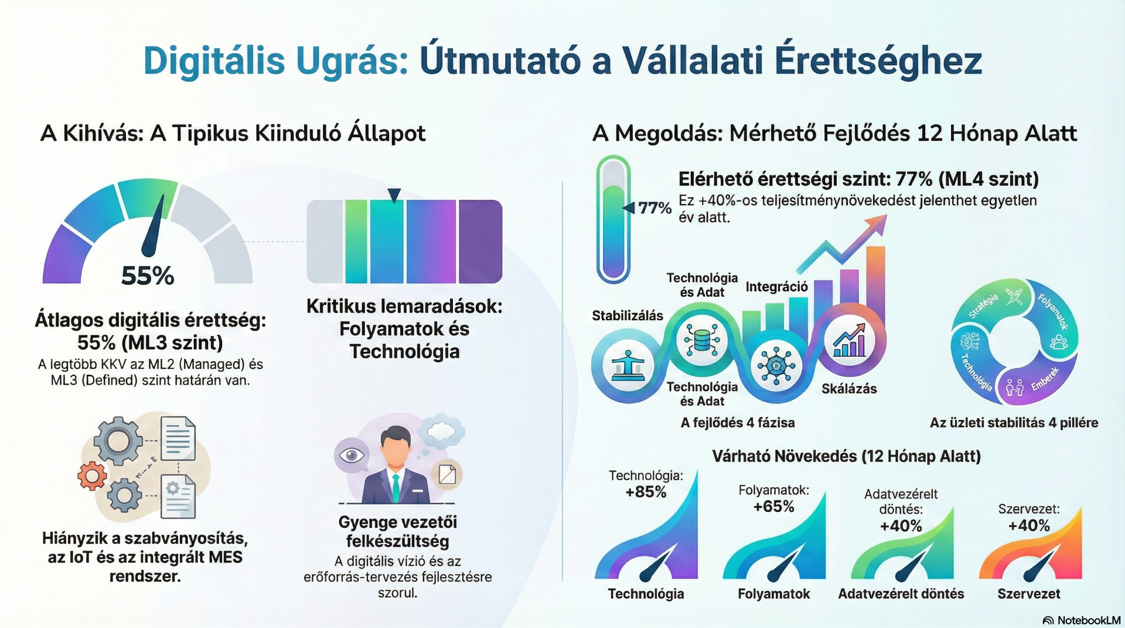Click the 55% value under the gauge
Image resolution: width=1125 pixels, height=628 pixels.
point(148,276)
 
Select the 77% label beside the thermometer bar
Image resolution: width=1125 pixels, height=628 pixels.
point(654,208)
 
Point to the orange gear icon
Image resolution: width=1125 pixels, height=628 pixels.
point(92,476)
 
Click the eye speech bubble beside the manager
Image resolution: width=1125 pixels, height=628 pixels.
point(352,456)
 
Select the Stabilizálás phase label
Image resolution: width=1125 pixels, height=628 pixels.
point(628,316)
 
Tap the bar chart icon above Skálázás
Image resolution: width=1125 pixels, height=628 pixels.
point(849,341)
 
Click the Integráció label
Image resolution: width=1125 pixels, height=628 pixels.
point(776,287)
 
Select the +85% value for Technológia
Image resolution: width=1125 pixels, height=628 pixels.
point(646,492)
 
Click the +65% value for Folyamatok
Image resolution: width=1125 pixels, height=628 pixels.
point(773,507)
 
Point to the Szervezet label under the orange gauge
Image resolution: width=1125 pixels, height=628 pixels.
point(1029,594)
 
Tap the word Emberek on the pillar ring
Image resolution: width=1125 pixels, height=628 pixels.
point(1045,379)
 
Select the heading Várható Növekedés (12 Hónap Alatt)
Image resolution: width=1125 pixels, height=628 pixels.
point(846,456)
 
